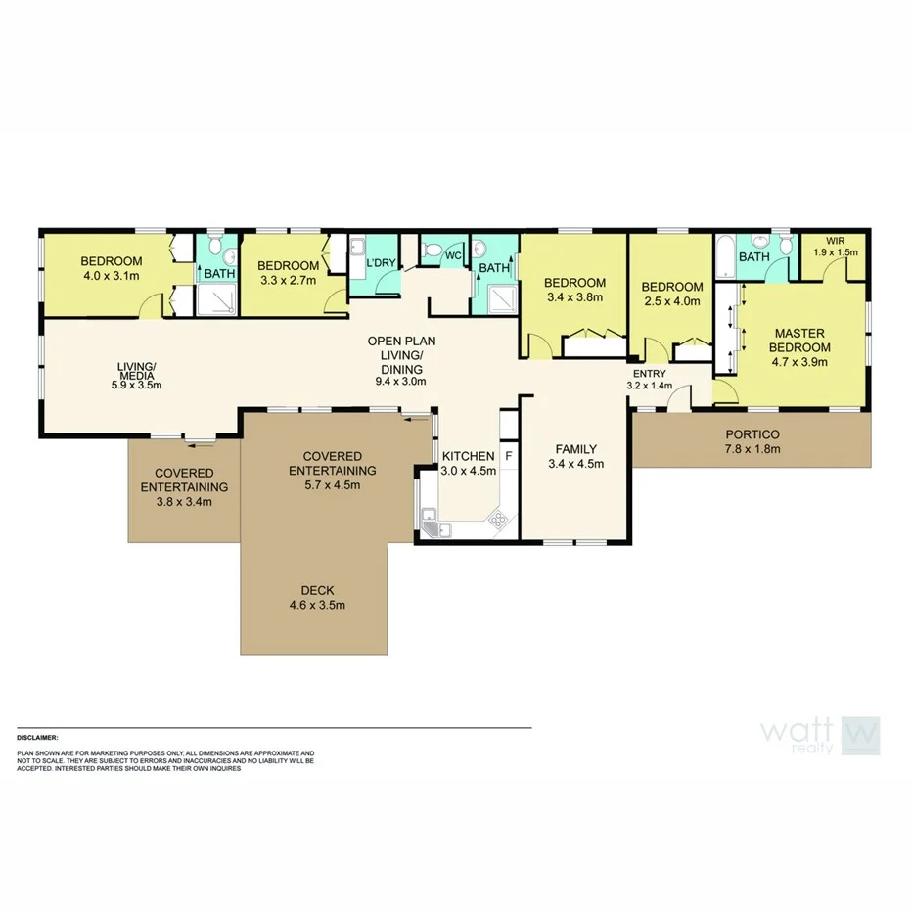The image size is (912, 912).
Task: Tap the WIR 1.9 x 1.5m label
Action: tap(834, 245)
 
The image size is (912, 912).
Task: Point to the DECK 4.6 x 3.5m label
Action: tap(317, 597)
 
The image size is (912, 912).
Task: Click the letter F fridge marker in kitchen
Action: tap(508, 456)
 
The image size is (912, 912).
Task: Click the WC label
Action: tap(453, 256)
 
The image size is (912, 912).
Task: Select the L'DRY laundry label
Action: tap(380, 263)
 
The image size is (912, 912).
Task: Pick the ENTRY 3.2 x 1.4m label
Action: tap(651, 380)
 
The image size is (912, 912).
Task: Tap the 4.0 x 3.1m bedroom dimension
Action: tap(112, 276)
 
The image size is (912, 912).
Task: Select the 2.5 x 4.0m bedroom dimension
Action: tap(671, 301)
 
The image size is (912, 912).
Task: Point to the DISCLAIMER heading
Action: tap(38, 737)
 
